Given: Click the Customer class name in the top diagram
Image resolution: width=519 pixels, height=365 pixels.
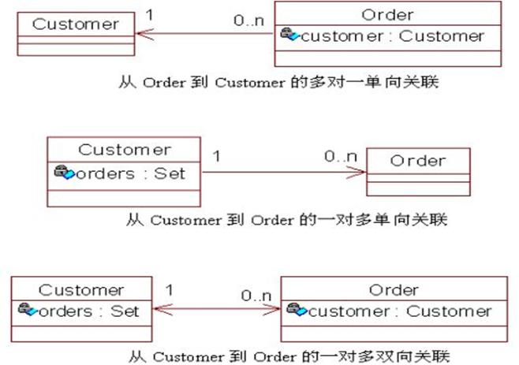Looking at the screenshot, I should coord(75,23).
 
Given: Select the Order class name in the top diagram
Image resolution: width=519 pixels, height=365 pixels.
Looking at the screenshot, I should coord(386,14).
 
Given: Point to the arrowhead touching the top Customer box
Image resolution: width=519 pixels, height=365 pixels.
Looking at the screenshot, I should coord(142,34).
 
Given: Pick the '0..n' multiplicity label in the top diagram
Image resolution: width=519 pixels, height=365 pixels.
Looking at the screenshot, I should coord(248,17).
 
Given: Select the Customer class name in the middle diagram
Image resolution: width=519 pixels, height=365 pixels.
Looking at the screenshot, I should coord(124,149).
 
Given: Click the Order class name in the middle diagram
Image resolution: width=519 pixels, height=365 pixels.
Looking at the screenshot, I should coord(418,160).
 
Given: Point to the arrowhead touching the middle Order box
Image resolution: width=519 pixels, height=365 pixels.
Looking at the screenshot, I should coord(360,171).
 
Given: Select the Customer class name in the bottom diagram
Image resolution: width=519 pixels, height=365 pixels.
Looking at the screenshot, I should coord(81,289).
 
